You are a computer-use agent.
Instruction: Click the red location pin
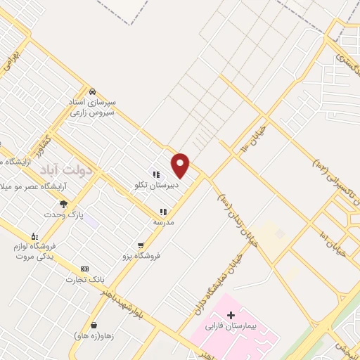tap(181, 165)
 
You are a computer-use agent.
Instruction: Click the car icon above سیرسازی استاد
tap(92, 91)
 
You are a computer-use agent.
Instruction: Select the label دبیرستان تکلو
tap(156, 186)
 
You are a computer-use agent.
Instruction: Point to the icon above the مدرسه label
tap(163, 211)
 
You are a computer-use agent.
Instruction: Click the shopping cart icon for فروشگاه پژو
tap(141, 245)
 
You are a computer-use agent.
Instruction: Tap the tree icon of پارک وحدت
tap(64, 204)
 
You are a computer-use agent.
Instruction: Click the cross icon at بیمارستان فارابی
tap(231, 314)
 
